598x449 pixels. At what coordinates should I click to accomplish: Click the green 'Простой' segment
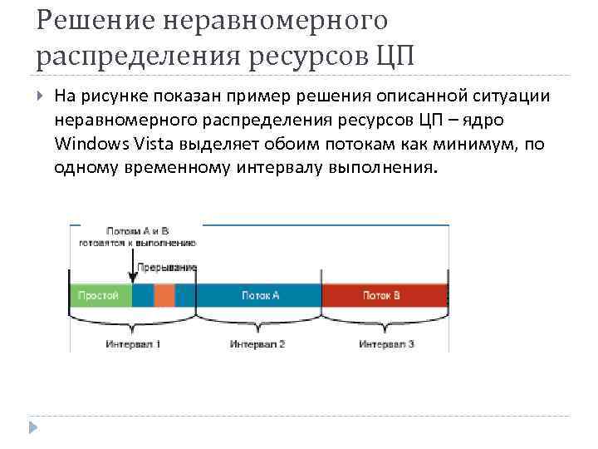click(100, 295)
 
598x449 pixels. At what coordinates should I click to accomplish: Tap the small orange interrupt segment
click(164, 295)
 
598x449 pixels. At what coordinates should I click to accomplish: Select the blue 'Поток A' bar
click(259, 295)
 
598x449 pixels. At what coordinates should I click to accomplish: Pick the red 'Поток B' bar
click(384, 295)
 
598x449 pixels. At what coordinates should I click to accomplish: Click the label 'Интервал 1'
click(133, 343)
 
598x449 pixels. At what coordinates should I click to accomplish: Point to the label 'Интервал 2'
click(257, 343)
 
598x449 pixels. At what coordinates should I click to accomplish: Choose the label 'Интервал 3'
click(387, 343)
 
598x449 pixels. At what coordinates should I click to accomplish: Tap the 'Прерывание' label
click(173, 268)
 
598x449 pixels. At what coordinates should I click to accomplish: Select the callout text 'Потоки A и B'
click(138, 231)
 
